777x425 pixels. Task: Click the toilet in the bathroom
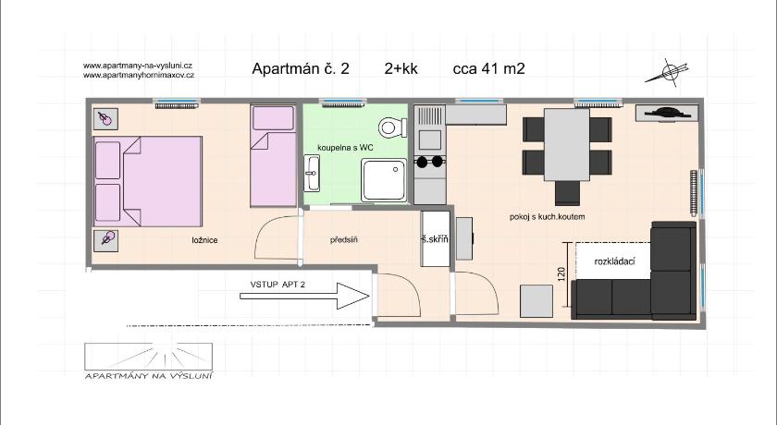coord(392,127)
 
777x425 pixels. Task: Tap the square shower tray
coord(384,180)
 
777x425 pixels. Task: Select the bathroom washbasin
coord(312,173)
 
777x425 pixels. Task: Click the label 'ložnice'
coord(204,240)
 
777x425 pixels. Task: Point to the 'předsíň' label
coord(344,240)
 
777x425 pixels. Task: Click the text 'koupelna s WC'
coord(345,148)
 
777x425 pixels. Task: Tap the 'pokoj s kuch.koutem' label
coord(547,217)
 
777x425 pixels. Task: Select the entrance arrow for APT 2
coord(304,296)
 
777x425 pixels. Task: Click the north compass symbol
coord(668,72)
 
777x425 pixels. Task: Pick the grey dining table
coord(567,144)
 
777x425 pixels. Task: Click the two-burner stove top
coord(429,162)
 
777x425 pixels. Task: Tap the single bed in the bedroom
coord(274,155)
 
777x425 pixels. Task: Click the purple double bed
coord(148,181)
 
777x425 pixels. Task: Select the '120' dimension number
coord(561,274)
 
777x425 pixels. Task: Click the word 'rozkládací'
coord(614,261)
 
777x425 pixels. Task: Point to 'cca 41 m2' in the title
coord(488,68)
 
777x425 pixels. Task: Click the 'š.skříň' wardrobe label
coord(435,239)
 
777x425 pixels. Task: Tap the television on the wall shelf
coord(667,113)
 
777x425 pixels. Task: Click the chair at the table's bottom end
coord(567,193)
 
